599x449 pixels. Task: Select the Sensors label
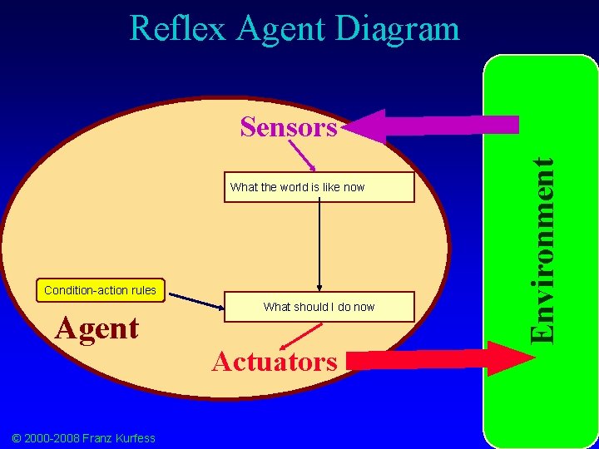(x=289, y=127)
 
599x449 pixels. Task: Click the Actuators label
(x=275, y=362)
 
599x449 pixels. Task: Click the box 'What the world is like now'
(x=319, y=187)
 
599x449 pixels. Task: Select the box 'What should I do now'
(x=319, y=307)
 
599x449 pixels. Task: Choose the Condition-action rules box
(x=100, y=290)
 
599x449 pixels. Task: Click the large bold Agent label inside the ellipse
(x=97, y=328)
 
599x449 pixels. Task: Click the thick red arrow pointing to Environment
(x=441, y=359)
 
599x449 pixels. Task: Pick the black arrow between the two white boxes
(x=319, y=245)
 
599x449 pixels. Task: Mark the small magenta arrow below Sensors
(x=302, y=155)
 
